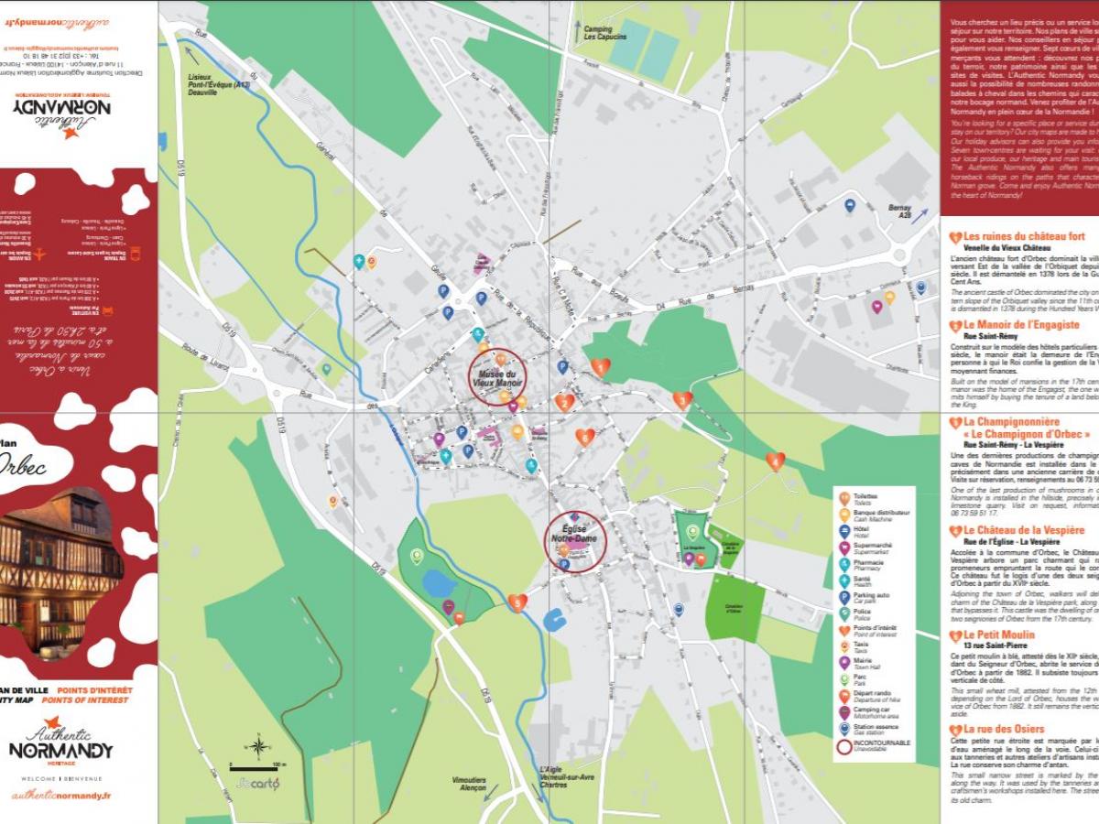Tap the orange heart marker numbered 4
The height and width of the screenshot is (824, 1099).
coord(775,461)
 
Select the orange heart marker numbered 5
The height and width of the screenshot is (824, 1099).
coord(517,602)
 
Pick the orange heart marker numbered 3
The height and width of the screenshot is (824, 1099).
coord(682,399)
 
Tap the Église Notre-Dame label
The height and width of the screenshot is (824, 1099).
coord(574,534)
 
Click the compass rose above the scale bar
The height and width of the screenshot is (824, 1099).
coord(259,747)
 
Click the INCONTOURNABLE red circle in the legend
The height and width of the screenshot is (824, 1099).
coord(843,746)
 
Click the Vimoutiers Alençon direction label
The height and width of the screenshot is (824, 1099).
coord(469,785)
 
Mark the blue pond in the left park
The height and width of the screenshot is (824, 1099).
coord(439,583)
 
